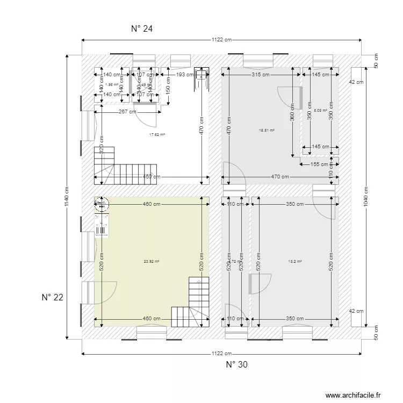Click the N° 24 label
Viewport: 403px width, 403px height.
[x=142, y=29]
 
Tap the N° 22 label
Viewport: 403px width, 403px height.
[x=53, y=298]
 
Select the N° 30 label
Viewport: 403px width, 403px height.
[x=236, y=365]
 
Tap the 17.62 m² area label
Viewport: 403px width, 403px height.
[x=157, y=135]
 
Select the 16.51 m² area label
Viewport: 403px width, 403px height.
[x=267, y=130]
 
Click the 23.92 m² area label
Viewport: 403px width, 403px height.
[x=152, y=262]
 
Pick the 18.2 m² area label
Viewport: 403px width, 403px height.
[x=295, y=262]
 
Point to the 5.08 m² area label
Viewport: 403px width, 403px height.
[x=321, y=111]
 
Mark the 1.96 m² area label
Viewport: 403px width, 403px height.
[x=112, y=84]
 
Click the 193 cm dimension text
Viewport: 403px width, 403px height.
[x=184, y=75]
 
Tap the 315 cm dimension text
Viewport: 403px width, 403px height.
[x=261, y=75]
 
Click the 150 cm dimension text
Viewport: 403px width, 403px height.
[x=168, y=85]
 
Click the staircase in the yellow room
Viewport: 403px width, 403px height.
[x=191, y=303]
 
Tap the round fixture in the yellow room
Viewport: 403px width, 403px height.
[x=101, y=204]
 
